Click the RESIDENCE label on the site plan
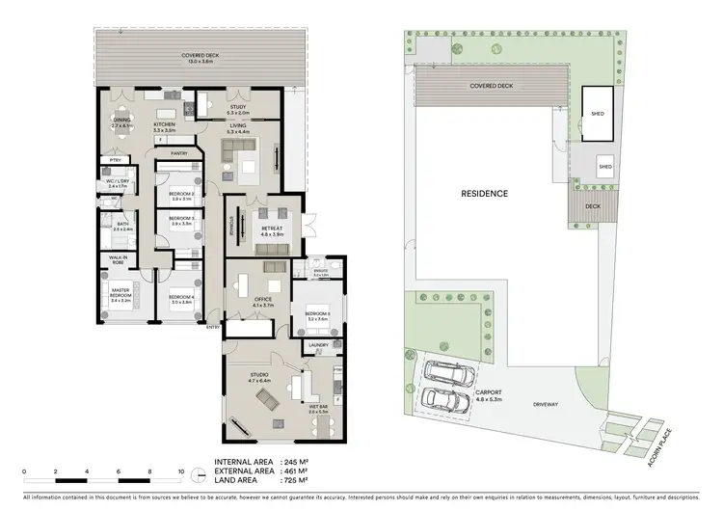(x=484, y=193)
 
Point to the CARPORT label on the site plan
(x=488, y=393)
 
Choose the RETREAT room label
(x=270, y=229)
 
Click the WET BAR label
(x=318, y=407)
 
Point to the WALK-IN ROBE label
(x=119, y=259)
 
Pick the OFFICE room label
(x=263, y=300)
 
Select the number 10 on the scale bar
(x=181, y=472)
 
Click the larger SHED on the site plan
(x=595, y=114)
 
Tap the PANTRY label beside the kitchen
(x=178, y=152)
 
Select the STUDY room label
(x=238, y=108)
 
